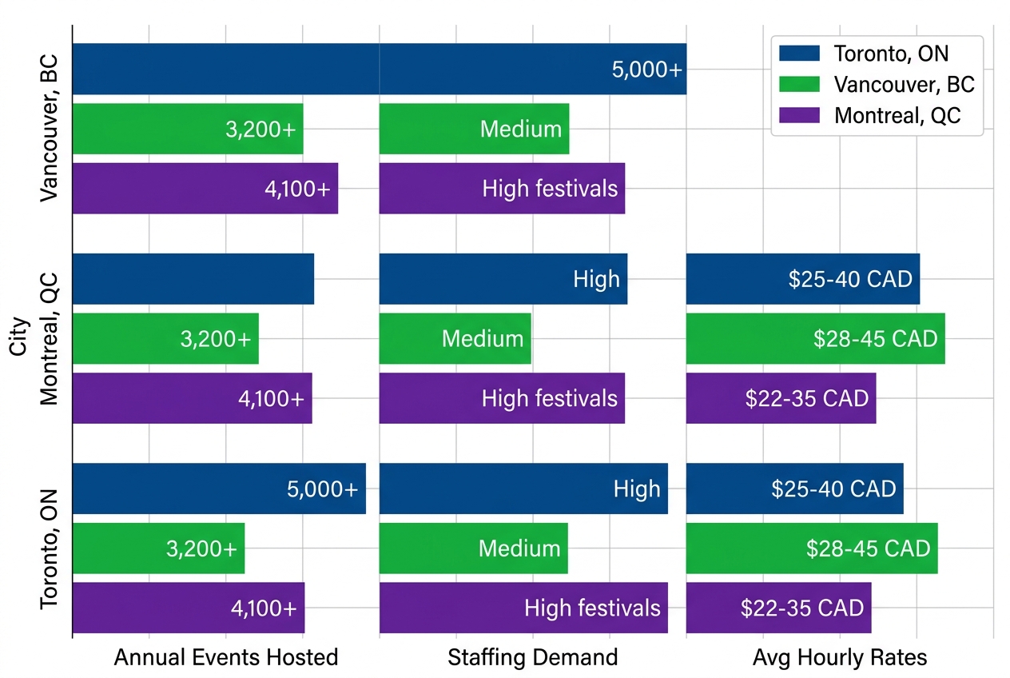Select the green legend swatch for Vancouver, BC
pyautogui.click(x=799, y=84)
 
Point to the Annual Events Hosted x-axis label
pyautogui.click(x=226, y=657)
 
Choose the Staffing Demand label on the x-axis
pyautogui.click(x=532, y=657)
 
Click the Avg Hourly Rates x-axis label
pyautogui.click(x=839, y=657)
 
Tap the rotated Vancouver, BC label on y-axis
pyautogui.click(x=50, y=128)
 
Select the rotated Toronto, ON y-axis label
pyautogui.click(x=50, y=548)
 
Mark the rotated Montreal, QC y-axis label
pyautogui.click(x=50, y=338)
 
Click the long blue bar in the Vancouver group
pyautogui.click(x=379, y=69)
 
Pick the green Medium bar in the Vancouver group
pyautogui.click(x=474, y=129)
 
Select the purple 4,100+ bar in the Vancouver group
pyautogui.click(x=205, y=189)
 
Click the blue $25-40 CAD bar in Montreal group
pyautogui.click(x=802, y=279)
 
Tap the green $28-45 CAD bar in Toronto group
pyautogui.click(x=811, y=548)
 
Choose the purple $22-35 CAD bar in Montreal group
pyautogui.click(x=781, y=398)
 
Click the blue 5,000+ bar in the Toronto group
pyautogui.click(x=219, y=489)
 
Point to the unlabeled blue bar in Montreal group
pyautogui.click(x=193, y=279)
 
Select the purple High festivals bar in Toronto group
pyautogui.click(x=523, y=608)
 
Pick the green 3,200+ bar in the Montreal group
pyautogui.click(x=165, y=338)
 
